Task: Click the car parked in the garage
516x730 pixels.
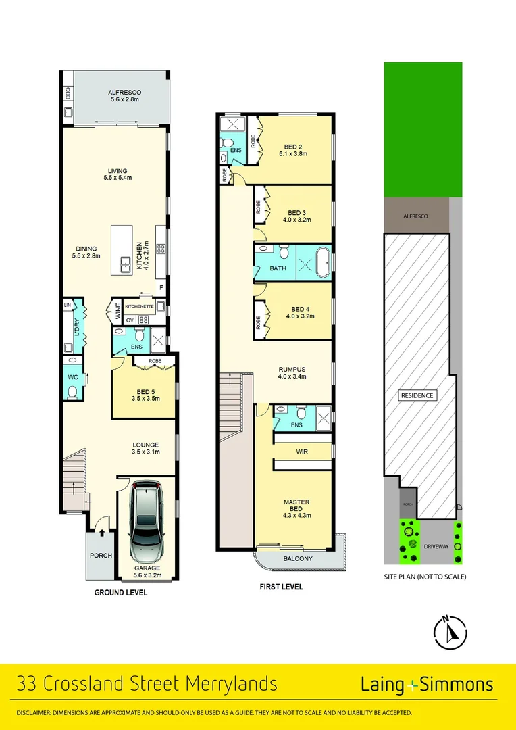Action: coord(147,524)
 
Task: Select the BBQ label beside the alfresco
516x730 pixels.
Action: coord(68,93)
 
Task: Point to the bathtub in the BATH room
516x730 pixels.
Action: coord(323,262)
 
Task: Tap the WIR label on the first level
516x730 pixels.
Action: coord(302,451)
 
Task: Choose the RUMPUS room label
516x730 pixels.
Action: coord(292,369)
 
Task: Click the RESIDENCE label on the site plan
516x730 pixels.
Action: coord(418,395)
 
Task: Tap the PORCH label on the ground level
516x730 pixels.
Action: coord(101,556)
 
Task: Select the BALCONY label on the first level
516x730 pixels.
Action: coord(298,558)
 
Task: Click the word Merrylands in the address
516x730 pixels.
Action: coord(228,684)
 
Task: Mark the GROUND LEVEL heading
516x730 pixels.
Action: coord(120,593)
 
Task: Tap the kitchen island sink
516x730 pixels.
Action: coord(126,265)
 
